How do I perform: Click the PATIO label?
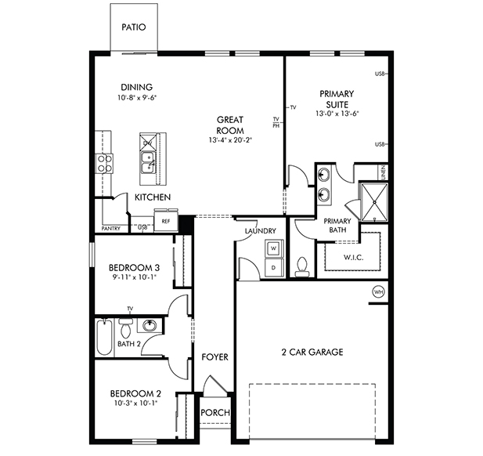[133, 27]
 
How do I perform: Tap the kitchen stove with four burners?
[103, 162]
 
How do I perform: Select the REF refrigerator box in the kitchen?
[165, 221]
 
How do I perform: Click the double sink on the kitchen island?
[146, 163]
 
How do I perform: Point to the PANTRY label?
[110, 228]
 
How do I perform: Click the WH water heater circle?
[379, 291]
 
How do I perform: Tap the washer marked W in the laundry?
[273, 248]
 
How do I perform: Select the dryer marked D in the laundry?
[273, 267]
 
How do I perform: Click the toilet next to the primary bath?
[302, 266]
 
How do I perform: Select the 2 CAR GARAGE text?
[312, 352]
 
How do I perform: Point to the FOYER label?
[214, 357]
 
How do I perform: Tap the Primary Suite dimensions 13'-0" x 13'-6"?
[337, 114]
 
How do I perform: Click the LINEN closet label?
[382, 171]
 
